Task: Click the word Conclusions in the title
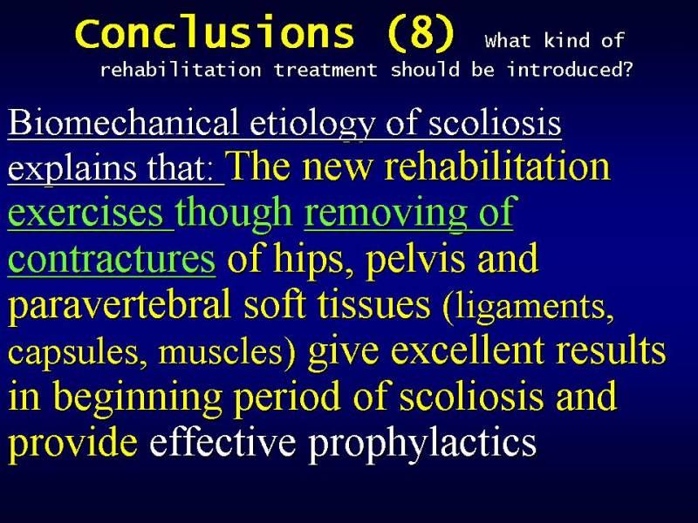pyautogui.click(x=215, y=32)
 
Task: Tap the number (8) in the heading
pyautogui.click(x=421, y=34)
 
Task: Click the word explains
pyautogui.click(x=72, y=169)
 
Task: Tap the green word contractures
pyautogui.click(x=112, y=259)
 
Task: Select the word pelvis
pyautogui.click(x=416, y=259)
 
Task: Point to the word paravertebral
pyautogui.click(x=120, y=305)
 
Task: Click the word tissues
pyautogui.click(x=374, y=304)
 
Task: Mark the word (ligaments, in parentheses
pyautogui.click(x=529, y=307)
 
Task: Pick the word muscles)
pyautogui.click(x=227, y=352)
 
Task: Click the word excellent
pyautogui.click(x=468, y=350)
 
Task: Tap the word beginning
pyautogui.click(x=138, y=397)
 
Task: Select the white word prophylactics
pyautogui.click(x=422, y=444)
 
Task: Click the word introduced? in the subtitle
pyautogui.click(x=570, y=70)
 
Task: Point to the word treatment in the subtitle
pyautogui.click(x=325, y=71)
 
